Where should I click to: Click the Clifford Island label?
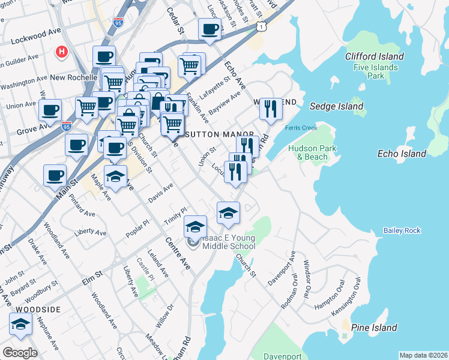[375, 57]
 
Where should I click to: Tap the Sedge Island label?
[336, 106]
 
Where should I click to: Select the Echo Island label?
[402, 154]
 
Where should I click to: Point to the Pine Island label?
[375, 328]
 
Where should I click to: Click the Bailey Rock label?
[402, 230]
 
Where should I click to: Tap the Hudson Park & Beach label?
[308, 152]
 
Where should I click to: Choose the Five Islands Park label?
[375, 72]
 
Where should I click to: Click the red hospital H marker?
[61, 52]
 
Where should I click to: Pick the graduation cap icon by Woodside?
[21, 324]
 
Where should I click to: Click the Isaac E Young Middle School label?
[228, 242]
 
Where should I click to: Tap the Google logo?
[20, 353]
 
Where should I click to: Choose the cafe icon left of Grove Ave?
[50, 110]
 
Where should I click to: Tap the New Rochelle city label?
[74, 77]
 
